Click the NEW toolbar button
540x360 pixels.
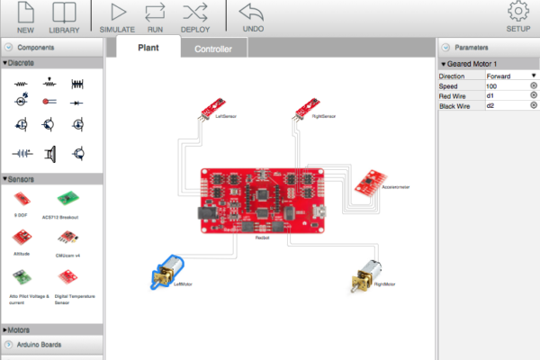pos(25,15)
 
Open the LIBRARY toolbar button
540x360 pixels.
pos(64,15)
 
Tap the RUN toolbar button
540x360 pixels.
pos(155,15)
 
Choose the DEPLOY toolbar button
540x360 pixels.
pos(195,15)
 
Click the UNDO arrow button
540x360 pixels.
pos(253,15)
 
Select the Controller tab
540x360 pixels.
pos(213,49)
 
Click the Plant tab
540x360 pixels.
pos(148,48)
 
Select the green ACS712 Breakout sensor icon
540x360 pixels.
pos(66,199)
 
